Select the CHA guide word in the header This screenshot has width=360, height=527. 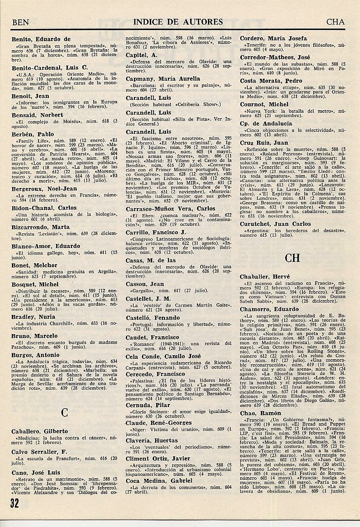pos(335,22)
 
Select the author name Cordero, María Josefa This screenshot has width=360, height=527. pos(273,38)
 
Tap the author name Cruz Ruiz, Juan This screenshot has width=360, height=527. pos(263,143)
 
